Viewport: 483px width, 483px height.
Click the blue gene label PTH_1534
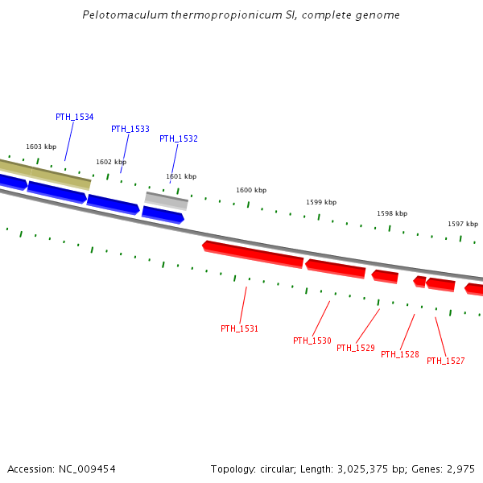point(74,117)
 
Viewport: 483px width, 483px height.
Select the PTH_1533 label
point(130,129)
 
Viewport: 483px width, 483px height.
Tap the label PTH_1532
point(178,138)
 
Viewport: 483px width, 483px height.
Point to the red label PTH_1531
point(239,328)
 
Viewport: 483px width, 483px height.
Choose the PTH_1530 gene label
point(312,341)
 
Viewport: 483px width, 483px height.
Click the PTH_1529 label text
point(355,348)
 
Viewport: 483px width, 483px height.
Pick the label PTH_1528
point(399,354)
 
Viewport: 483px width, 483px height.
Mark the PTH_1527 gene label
point(445,361)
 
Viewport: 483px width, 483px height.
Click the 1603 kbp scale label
point(41,147)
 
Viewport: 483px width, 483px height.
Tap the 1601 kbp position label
point(181,176)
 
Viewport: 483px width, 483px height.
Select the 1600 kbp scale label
point(251,190)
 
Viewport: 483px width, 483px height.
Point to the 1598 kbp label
point(392,213)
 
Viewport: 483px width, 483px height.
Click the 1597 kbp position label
point(463,224)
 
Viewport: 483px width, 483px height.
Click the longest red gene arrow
point(253,254)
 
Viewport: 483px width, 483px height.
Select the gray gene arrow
point(167,200)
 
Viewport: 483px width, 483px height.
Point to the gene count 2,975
point(460,469)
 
